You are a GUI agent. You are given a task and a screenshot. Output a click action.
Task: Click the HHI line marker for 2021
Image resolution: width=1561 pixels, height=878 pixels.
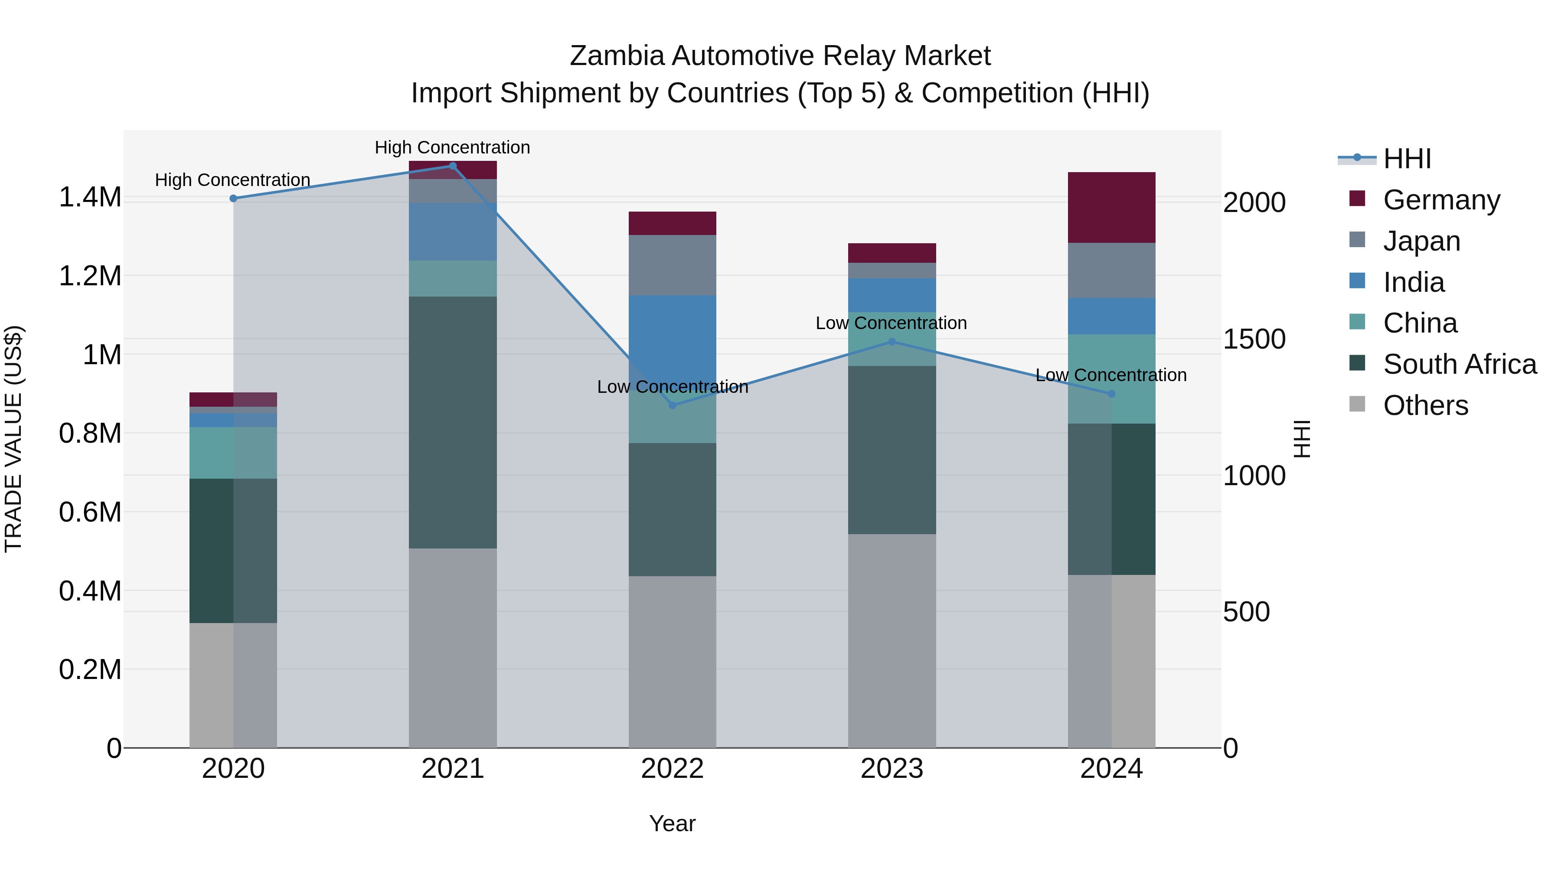453,166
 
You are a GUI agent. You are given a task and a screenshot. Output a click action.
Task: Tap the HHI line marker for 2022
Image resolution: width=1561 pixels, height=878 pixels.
672,405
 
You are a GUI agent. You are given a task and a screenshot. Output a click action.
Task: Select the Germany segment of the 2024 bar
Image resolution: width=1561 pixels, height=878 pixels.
1111,207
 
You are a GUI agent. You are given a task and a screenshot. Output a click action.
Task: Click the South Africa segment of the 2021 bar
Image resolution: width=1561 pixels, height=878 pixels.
453,422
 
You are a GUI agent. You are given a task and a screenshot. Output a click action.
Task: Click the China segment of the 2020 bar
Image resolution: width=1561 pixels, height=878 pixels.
233,453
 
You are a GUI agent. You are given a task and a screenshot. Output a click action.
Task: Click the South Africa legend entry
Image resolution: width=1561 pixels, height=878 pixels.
1459,364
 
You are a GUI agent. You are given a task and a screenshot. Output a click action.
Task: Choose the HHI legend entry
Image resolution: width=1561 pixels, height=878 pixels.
1407,159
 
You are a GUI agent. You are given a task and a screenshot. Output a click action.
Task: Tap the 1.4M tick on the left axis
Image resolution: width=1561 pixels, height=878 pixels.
90,198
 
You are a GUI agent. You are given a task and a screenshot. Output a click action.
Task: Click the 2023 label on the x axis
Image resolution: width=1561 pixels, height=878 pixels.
892,769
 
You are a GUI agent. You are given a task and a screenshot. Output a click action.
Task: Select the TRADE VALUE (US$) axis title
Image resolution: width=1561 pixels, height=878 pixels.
14,439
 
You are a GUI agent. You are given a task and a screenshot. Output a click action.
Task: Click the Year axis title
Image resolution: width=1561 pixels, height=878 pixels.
672,823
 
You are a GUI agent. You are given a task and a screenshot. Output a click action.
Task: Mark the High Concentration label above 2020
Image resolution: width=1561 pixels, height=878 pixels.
233,180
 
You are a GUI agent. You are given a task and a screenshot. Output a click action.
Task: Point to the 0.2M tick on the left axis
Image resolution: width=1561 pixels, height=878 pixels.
90,669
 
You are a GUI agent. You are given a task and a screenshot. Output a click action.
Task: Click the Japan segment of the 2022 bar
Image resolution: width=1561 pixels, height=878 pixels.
672,265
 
